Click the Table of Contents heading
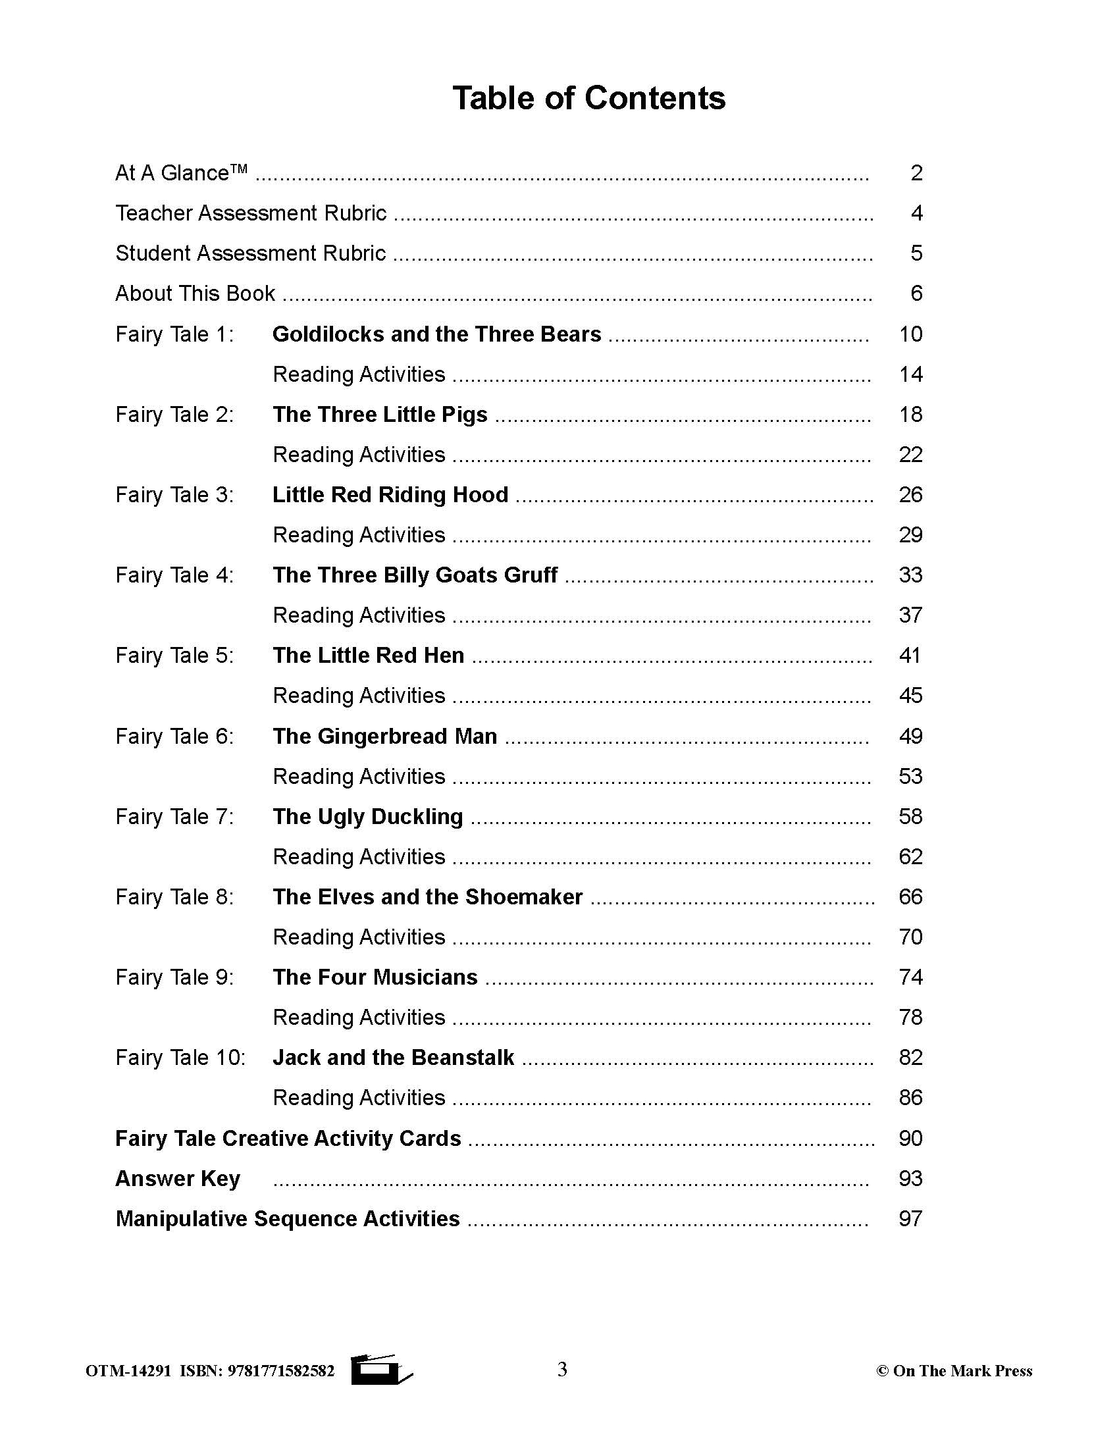588,98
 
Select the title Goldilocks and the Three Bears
436,334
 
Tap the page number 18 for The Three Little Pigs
910,415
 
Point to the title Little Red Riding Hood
390,494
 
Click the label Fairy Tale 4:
174,575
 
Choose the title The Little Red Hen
368,655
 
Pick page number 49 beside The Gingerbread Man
910,736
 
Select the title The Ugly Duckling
367,816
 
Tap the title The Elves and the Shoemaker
427,896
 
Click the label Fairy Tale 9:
174,977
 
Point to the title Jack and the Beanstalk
393,1057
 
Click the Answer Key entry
178,1178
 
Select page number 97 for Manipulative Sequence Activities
910,1218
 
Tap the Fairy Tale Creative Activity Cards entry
288,1139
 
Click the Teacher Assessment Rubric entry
251,213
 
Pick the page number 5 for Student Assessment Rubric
916,253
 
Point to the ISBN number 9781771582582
280,1371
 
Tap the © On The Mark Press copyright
954,1371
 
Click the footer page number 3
562,1370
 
